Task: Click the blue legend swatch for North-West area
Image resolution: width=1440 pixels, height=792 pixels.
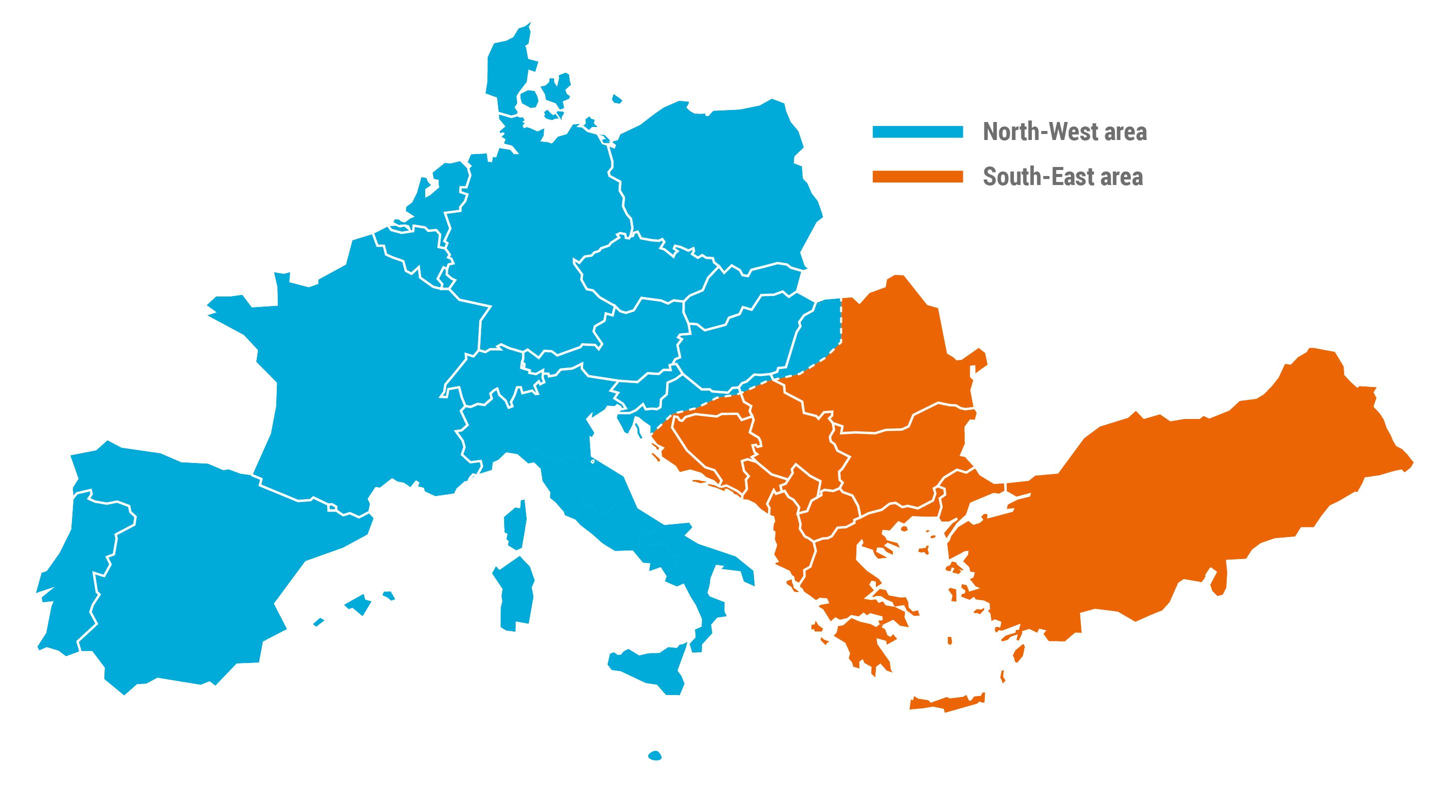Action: pos(917,132)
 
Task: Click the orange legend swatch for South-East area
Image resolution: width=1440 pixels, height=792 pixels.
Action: pos(917,176)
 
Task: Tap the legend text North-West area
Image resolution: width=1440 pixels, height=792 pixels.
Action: pos(1064,132)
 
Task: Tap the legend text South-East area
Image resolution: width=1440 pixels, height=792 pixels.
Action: pos(1062,176)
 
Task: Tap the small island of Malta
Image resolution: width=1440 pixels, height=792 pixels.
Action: pos(655,755)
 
